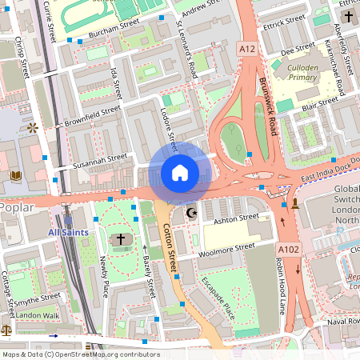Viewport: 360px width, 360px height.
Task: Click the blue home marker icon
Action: [x=180, y=172]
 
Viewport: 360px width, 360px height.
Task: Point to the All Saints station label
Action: [x=70, y=232]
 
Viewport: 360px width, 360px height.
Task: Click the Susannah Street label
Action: [x=100, y=161]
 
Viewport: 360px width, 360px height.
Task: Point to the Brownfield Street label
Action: [x=92, y=117]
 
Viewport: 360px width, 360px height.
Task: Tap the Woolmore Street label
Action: [x=226, y=251]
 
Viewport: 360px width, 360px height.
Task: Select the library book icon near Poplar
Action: [x=15, y=175]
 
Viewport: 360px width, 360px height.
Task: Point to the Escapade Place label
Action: [x=217, y=297]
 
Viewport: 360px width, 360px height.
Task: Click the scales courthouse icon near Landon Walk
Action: [x=6, y=329]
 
